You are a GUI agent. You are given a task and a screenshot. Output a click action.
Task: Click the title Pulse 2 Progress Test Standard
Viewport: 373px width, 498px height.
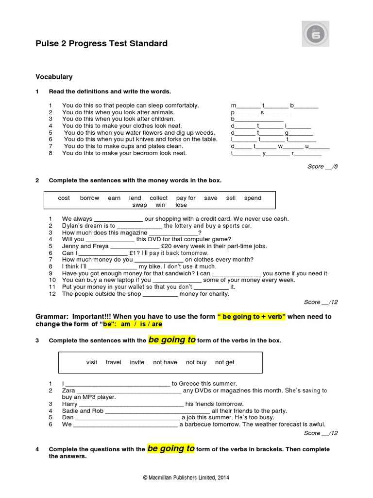102,44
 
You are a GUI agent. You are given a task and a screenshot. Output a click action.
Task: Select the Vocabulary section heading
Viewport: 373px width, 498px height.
54,77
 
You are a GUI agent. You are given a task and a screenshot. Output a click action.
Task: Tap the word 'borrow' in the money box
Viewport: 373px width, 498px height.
89,198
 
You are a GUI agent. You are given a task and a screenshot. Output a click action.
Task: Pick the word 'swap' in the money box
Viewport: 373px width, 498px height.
139,205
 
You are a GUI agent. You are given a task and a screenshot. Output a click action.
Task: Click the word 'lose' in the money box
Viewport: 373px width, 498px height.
181,205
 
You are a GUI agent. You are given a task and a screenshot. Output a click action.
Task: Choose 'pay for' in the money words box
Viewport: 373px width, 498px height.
186,198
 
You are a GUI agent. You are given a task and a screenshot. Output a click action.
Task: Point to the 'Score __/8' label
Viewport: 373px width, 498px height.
322,166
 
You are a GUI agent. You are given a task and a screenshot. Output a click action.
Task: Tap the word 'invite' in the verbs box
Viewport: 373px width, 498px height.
137,362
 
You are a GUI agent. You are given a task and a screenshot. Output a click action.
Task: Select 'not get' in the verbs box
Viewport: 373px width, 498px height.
224,362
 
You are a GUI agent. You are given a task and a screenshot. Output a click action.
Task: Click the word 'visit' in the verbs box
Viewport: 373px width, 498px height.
92,362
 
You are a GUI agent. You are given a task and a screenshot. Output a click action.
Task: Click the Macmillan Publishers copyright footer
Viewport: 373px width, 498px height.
186,478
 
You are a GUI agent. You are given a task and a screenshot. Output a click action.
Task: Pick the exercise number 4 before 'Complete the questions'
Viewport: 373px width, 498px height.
37,449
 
